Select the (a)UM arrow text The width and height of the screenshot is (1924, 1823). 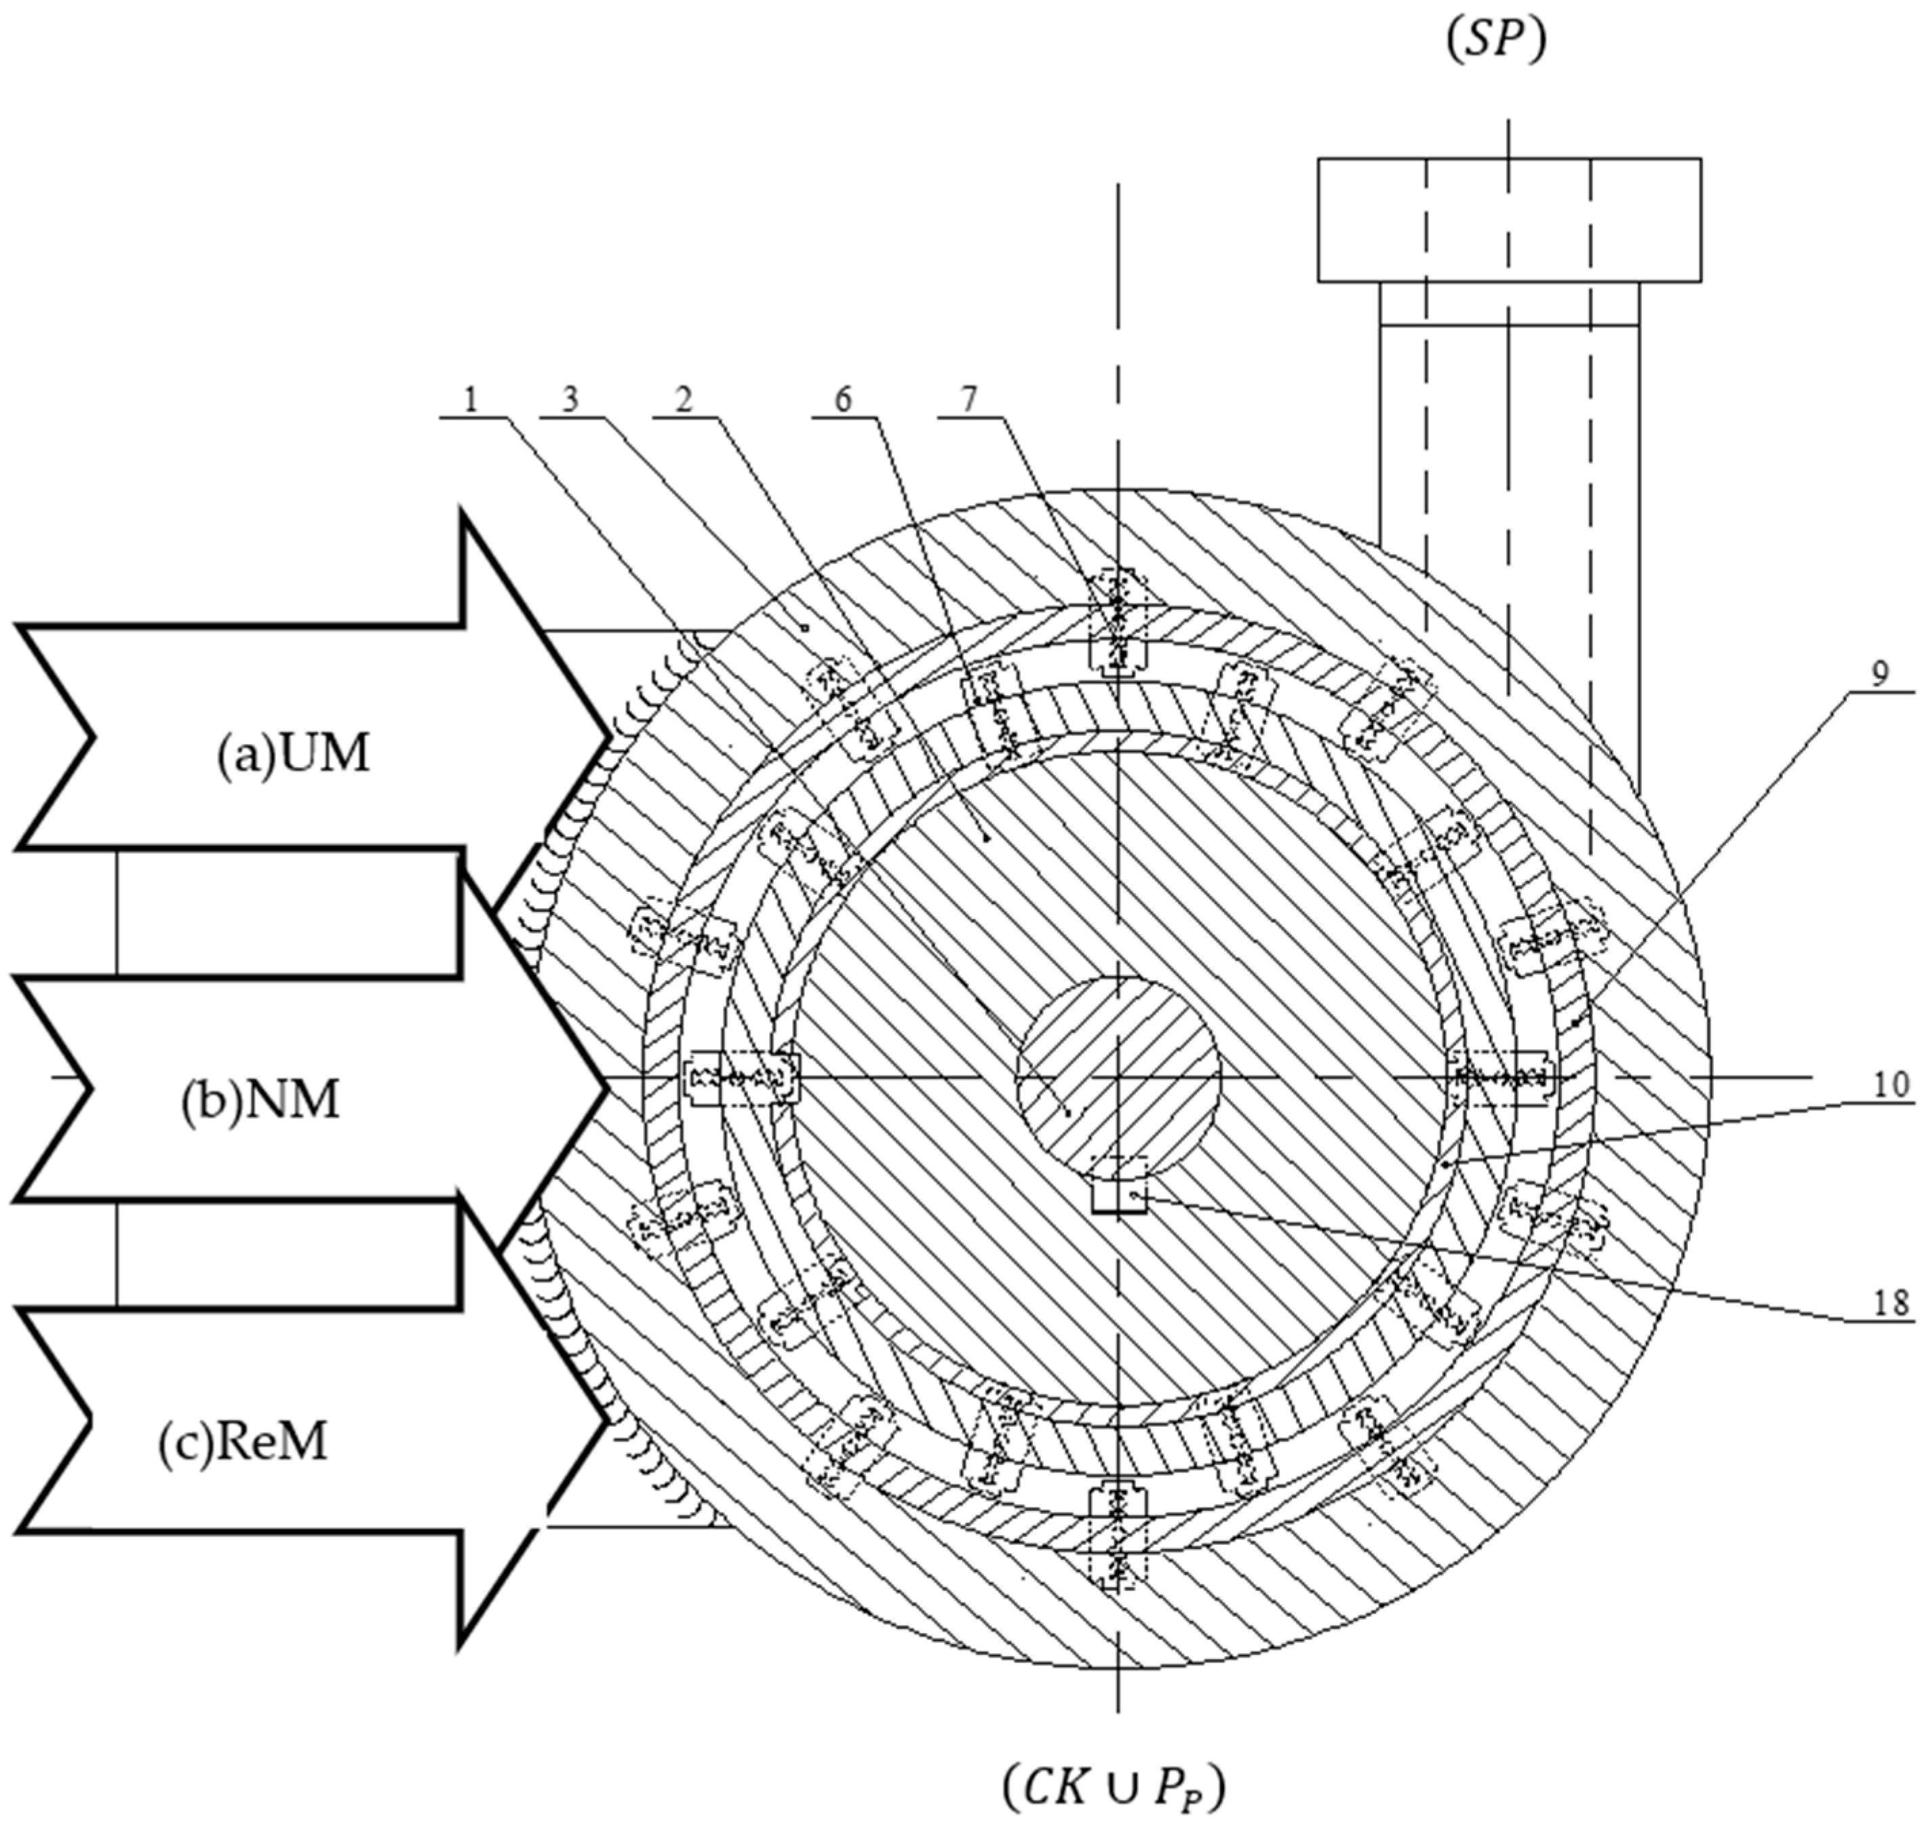point(292,755)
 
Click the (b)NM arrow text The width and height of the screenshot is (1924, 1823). point(260,1101)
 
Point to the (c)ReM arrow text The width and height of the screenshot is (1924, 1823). point(243,1443)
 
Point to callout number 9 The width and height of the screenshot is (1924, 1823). point(1881,674)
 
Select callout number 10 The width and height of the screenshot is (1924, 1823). point(1890,1084)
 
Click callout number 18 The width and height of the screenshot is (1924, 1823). point(1891,1301)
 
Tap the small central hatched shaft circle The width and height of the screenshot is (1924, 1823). point(1118,1078)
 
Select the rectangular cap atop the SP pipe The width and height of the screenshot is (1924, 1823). point(1508,220)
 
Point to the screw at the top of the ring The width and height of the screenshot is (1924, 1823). point(1118,620)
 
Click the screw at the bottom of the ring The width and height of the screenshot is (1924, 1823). point(1118,1535)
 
